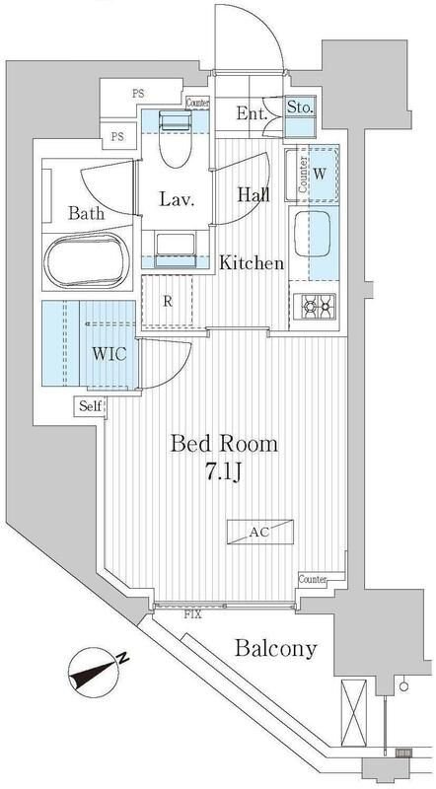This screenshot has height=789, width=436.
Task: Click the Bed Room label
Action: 224,445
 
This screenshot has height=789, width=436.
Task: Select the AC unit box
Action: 259,532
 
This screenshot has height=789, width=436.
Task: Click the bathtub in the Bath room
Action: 87,260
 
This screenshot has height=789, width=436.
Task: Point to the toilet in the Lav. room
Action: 176,139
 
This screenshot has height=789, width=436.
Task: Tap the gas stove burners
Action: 315,306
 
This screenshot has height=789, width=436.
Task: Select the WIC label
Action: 109,354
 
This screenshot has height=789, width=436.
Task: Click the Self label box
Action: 90,406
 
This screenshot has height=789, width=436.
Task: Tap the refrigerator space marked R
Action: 168,302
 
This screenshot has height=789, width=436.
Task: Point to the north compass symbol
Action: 96,673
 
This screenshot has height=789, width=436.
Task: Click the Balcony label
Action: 276,649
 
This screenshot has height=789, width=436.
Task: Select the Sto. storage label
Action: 300,108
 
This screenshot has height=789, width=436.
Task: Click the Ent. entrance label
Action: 252,113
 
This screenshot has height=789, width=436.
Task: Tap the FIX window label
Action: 192,614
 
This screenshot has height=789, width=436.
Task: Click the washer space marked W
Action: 320,175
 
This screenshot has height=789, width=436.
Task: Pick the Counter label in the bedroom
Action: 312,580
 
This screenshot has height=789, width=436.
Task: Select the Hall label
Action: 254,194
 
